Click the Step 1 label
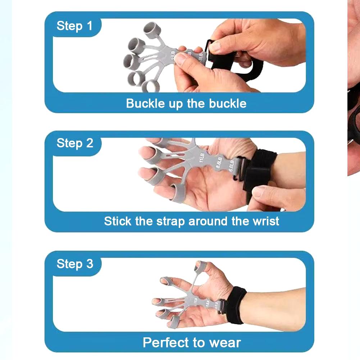(x=74, y=26)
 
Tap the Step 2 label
(x=75, y=143)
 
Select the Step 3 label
(x=75, y=264)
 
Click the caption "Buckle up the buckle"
(x=186, y=104)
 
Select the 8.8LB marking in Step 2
(x=218, y=163)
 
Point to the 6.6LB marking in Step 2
(x=232, y=166)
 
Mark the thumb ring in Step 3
(x=200, y=266)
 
